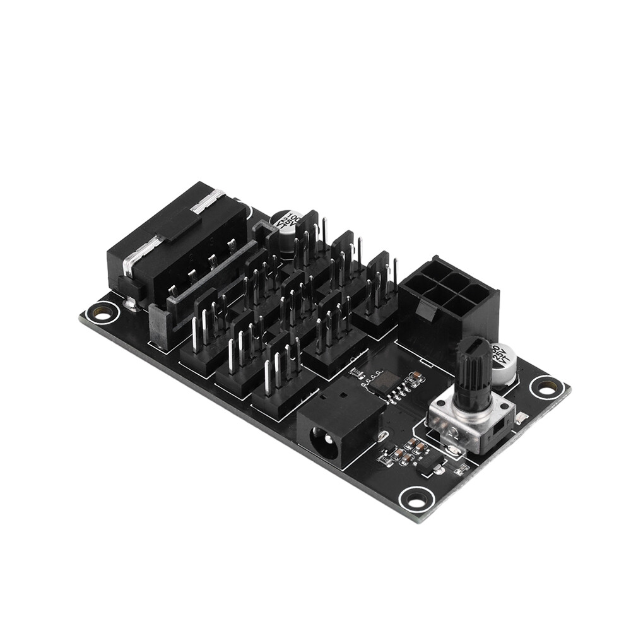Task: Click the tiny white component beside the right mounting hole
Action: point(521,417)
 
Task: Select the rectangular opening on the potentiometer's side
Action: point(496,430)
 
